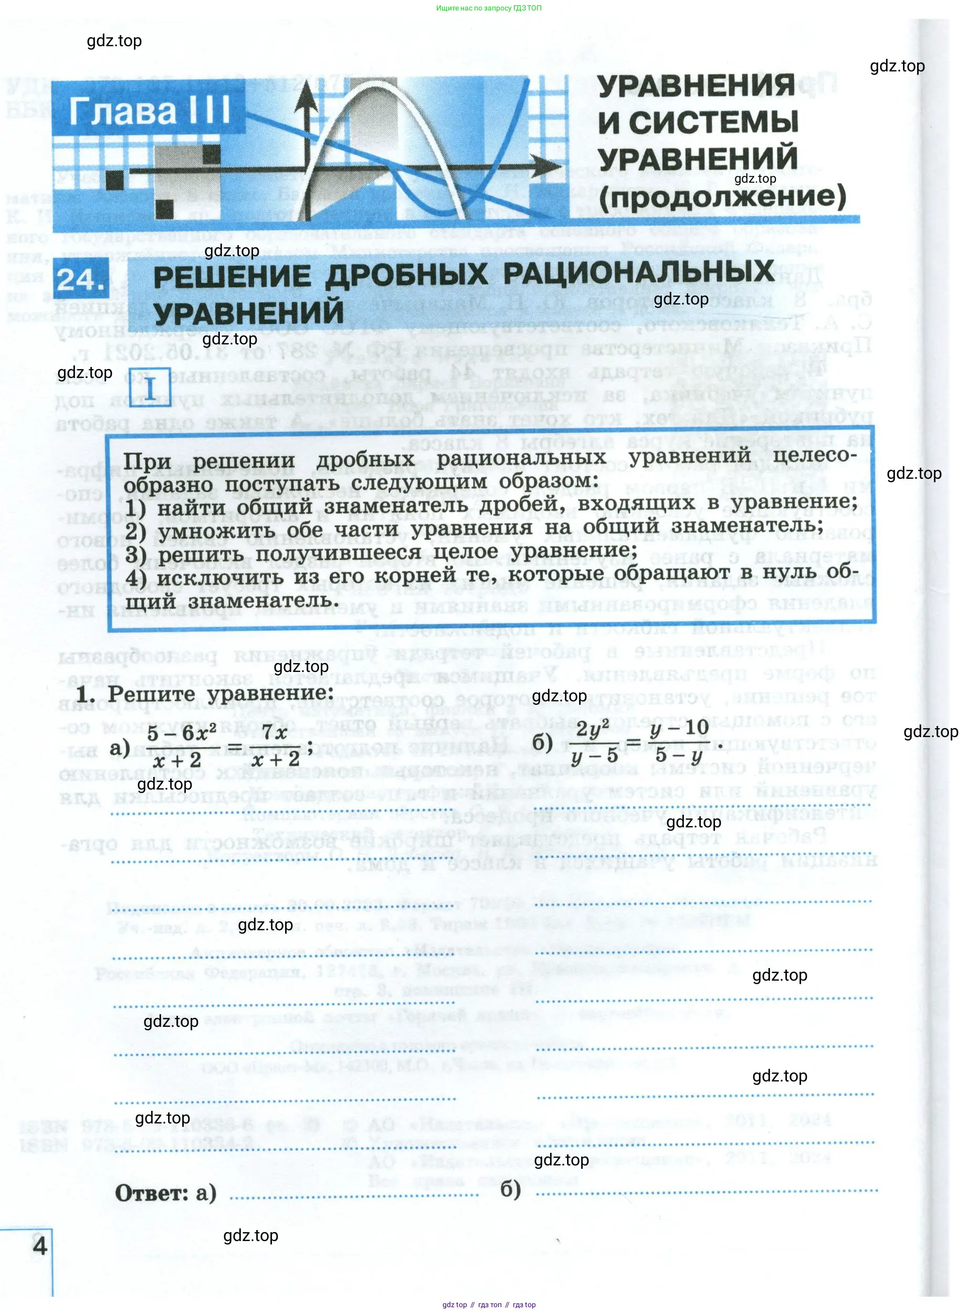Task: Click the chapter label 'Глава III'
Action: tap(149, 111)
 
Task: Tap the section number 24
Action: tap(82, 279)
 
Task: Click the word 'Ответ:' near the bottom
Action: tap(151, 1193)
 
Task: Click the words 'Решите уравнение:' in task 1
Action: tap(220, 693)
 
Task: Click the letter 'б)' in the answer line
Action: tap(510, 1189)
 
